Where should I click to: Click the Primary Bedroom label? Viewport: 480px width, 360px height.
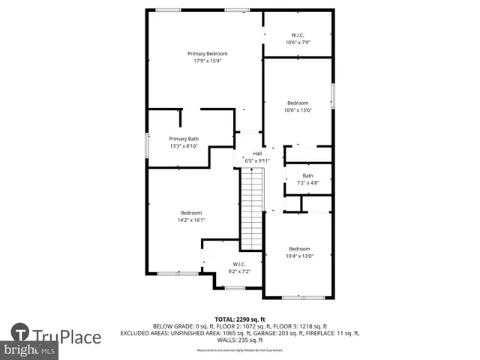coord(207,53)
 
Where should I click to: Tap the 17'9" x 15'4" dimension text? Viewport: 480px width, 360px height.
coord(207,61)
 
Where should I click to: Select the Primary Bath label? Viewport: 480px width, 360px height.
coord(184,139)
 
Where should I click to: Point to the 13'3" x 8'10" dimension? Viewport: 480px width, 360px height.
coord(184,146)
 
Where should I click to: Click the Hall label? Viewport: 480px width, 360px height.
coord(256,153)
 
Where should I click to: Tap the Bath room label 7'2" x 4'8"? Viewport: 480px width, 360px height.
coord(307,175)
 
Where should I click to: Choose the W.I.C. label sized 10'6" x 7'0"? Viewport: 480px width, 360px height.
coord(298,35)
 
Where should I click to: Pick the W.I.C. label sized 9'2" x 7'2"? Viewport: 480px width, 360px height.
coord(239,264)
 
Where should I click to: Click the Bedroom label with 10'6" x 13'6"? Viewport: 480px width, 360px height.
coord(298,103)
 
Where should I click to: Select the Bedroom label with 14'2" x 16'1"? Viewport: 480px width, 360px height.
coord(191,213)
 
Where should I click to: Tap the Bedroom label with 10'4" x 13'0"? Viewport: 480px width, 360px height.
coord(299,249)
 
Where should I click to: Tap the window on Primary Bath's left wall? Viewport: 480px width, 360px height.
coord(147,145)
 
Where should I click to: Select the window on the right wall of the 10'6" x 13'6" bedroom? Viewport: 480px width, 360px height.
coord(332,97)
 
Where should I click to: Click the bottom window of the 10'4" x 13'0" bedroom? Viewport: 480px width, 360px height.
coord(303,298)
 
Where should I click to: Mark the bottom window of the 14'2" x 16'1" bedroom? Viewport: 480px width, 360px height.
coord(178,273)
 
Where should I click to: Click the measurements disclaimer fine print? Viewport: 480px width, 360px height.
coord(240,350)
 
